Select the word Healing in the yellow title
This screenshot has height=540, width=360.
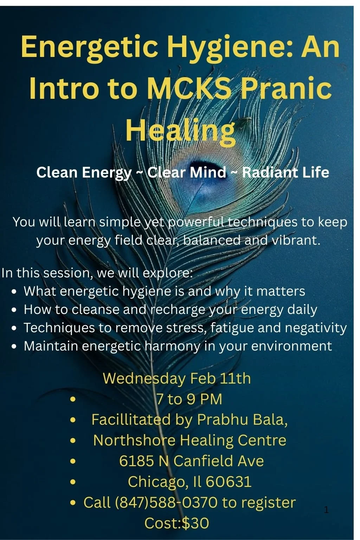click(180, 130)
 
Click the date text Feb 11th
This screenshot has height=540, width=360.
click(220, 379)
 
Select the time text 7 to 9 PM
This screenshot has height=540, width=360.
click(189, 399)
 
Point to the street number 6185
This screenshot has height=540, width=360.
click(137, 461)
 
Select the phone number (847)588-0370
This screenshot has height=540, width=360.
click(166, 502)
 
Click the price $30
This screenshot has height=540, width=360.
click(195, 523)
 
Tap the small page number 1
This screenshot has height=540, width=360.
click(326, 510)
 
